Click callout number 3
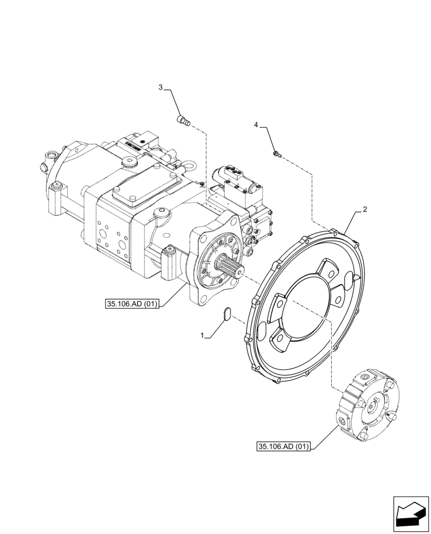160,87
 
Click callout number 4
256,124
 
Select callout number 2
364,209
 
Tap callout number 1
202,335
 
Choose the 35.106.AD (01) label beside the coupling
283,446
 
